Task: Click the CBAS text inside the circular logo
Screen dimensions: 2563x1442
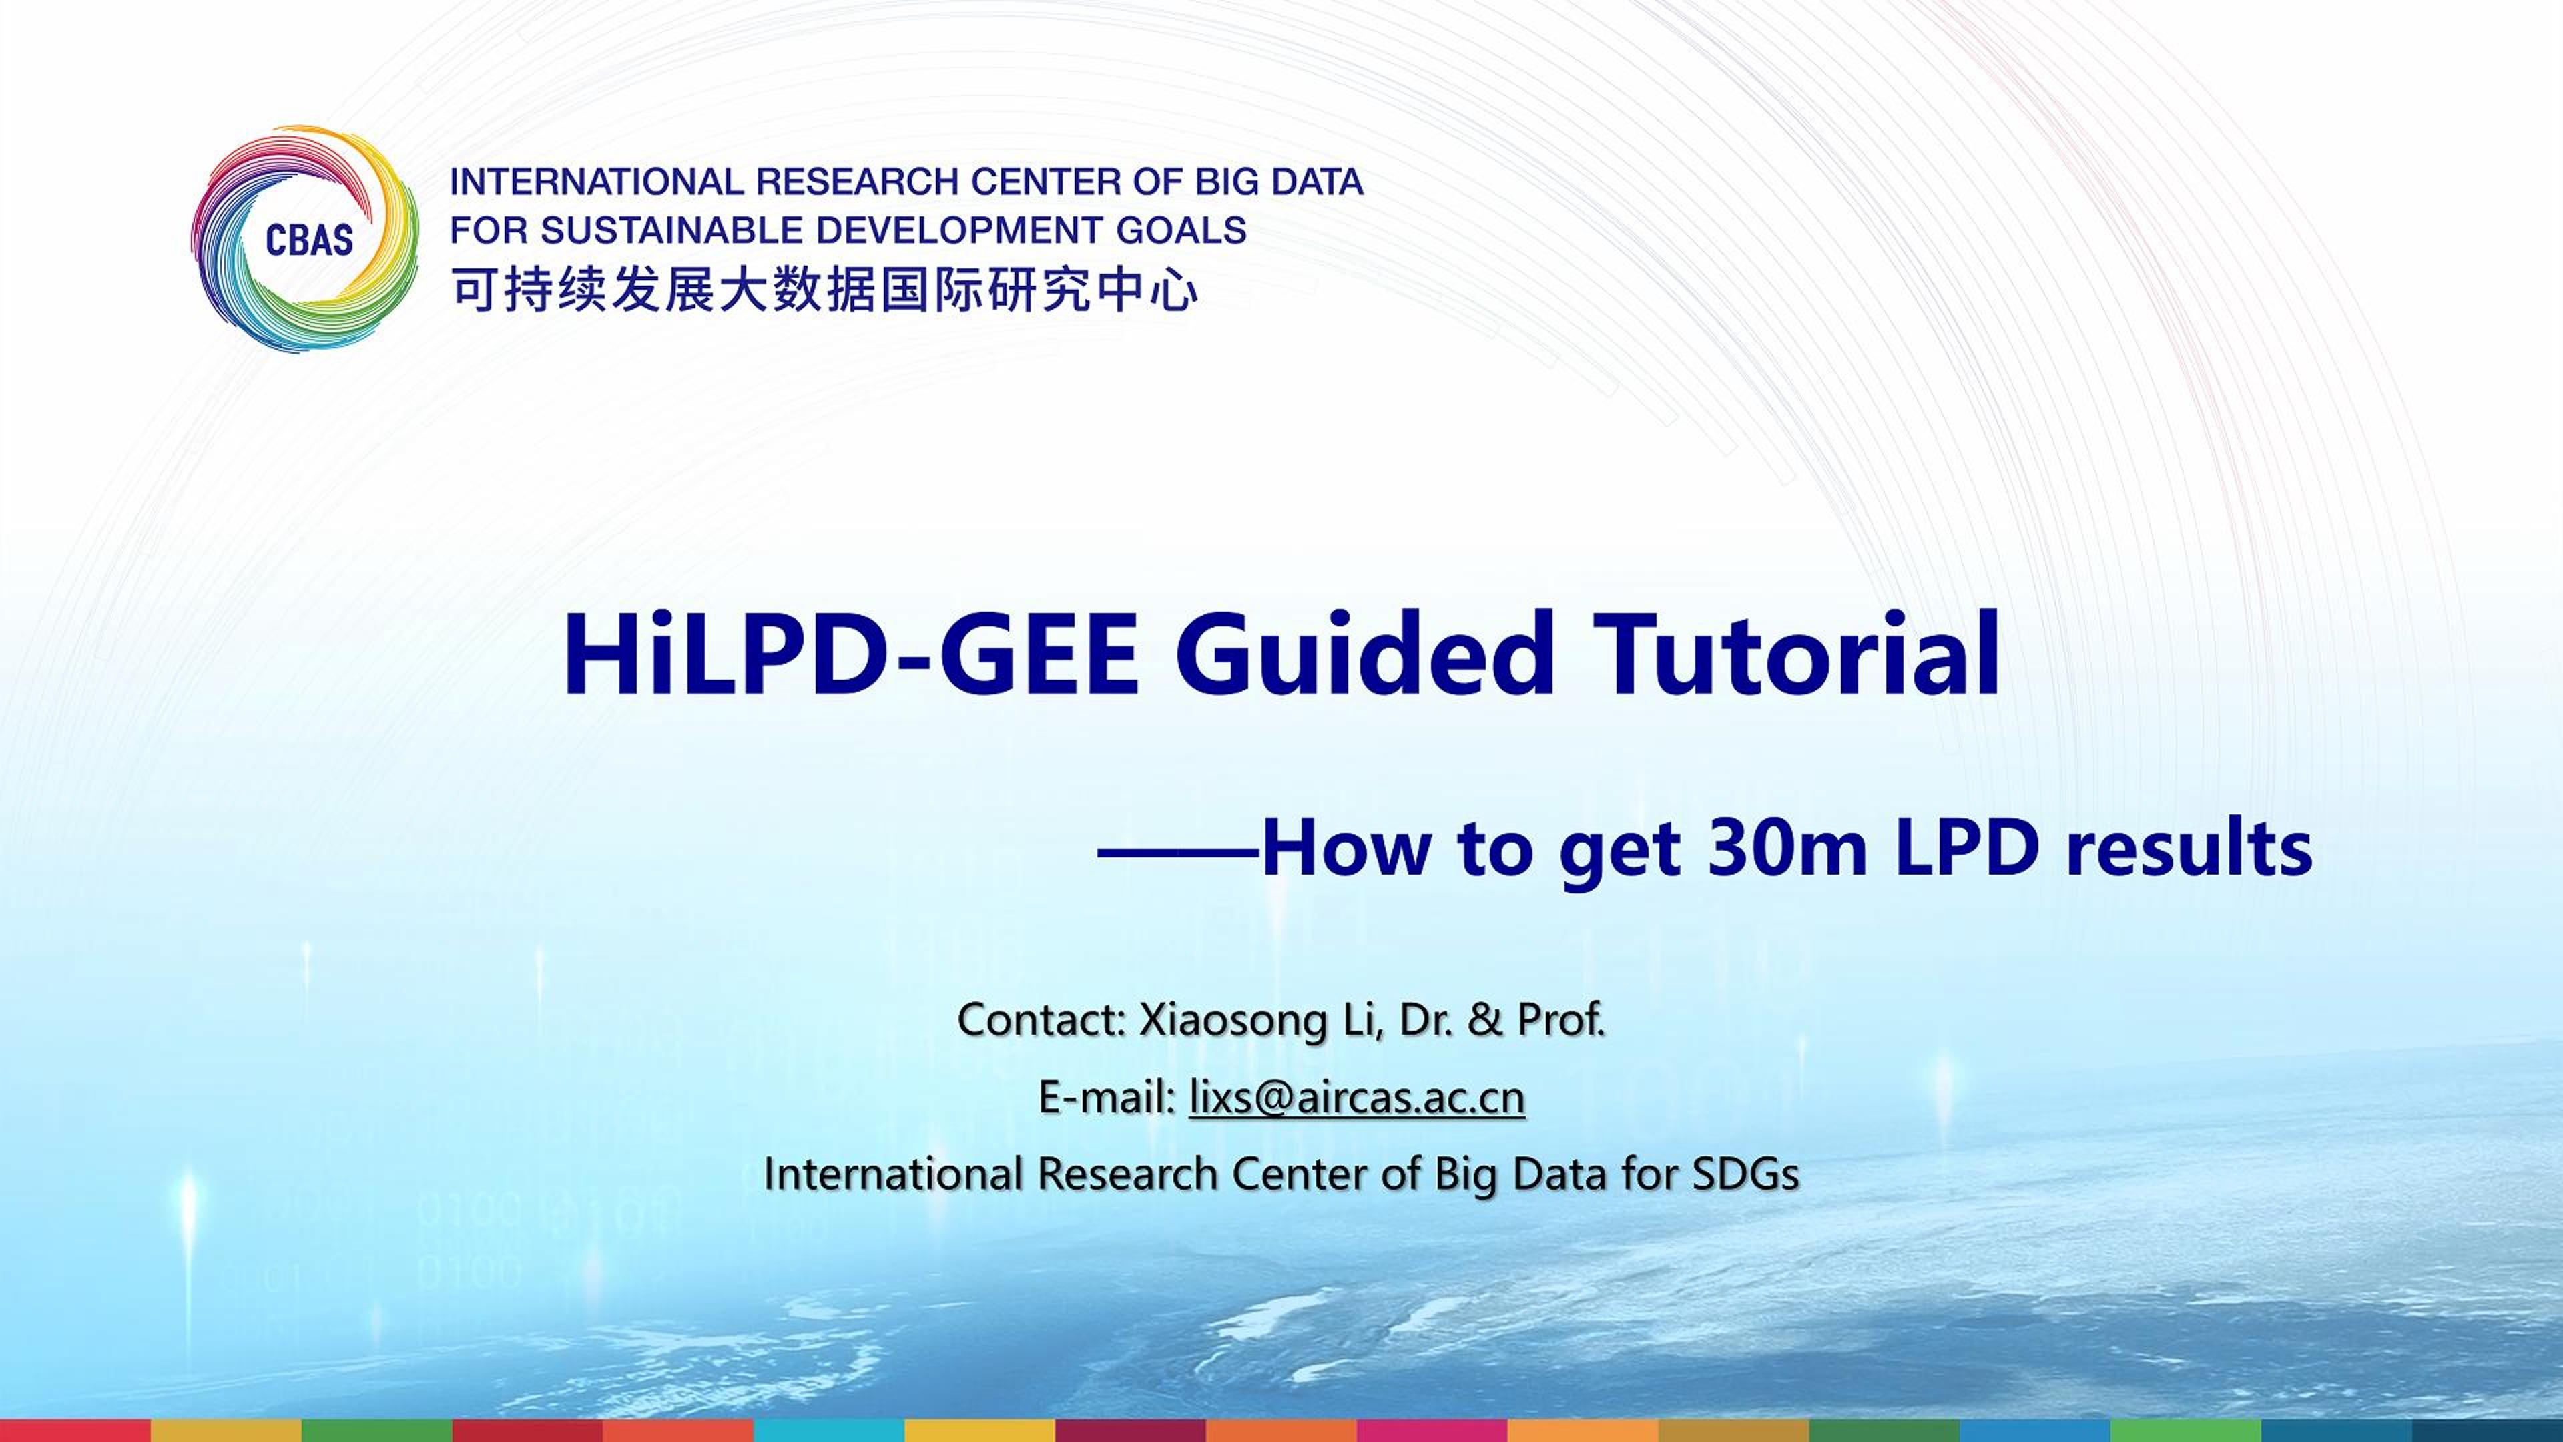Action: click(310, 240)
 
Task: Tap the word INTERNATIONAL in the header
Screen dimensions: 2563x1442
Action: click(597, 182)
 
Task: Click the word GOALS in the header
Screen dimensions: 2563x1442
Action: click(1181, 231)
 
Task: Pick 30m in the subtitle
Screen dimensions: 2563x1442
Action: click(1786, 849)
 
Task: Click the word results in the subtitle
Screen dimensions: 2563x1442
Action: click(2189, 849)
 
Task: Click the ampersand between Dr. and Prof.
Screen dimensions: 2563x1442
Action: click(1484, 1020)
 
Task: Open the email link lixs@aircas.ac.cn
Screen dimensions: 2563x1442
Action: click(1357, 1097)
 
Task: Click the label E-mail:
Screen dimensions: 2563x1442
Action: click(1107, 1097)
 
